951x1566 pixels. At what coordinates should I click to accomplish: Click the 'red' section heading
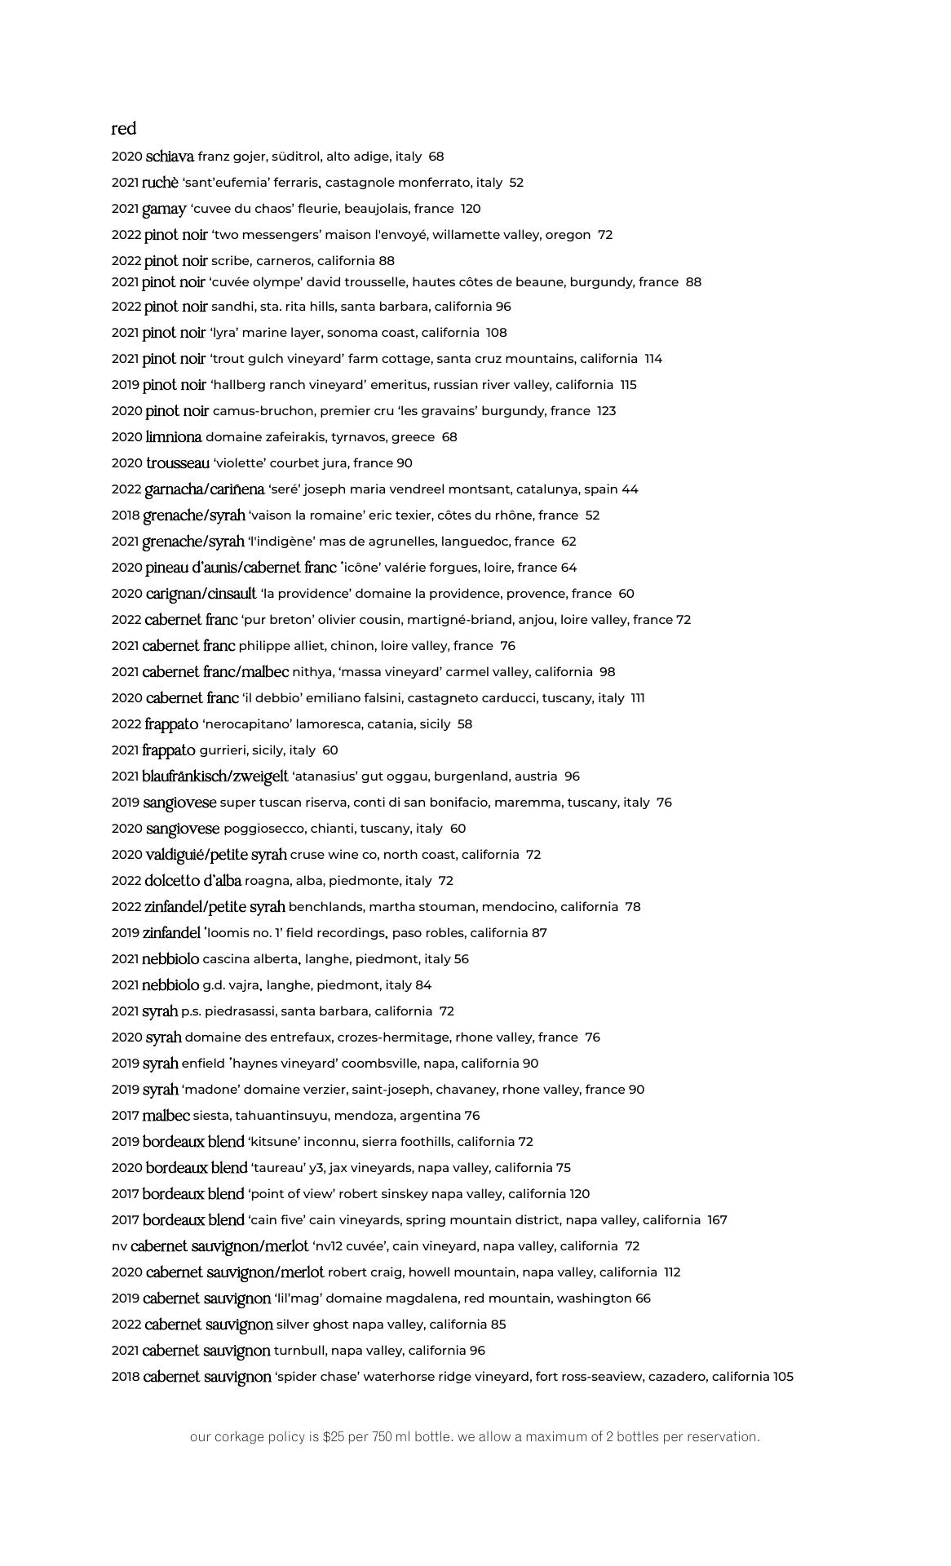click(x=124, y=129)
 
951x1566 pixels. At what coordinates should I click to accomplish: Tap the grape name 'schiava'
click(x=170, y=157)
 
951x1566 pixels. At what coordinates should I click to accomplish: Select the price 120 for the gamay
click(x=471, y=209)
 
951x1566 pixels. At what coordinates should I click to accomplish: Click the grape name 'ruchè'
click(x=160, y=183)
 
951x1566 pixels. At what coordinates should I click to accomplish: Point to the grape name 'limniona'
click(x=174, y=437)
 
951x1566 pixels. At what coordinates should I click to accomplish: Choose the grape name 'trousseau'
click(x=178, y=463)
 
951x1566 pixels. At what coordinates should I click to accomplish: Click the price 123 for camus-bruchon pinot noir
click(x=606, y=411)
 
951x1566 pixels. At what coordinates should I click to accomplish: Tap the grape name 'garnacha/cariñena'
click(x=204, y=489)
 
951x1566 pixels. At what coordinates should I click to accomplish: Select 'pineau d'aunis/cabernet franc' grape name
click(x=241, y=568)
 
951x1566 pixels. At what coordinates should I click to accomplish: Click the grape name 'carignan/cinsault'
click(x=201, y=594)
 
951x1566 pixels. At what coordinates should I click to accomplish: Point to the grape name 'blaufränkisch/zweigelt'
click(x=215, y=776)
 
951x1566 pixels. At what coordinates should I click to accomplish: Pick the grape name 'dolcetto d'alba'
click(x=192, y=881)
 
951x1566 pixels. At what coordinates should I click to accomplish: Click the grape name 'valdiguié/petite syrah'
click(x=216, y=855)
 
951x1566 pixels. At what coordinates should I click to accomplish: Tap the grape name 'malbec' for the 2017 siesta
click(x=166, y=1116)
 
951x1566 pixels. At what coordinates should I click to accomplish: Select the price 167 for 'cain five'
click(x=717, y=1220)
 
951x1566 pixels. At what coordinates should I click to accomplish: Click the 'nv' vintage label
click(x=119, y=1246)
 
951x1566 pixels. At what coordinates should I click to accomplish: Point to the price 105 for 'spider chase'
click(x=783, y=1377)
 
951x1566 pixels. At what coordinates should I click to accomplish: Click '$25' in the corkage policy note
click(x=334, y=1437)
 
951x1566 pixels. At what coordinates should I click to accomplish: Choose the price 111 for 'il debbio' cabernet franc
click(x=637, y=698)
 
